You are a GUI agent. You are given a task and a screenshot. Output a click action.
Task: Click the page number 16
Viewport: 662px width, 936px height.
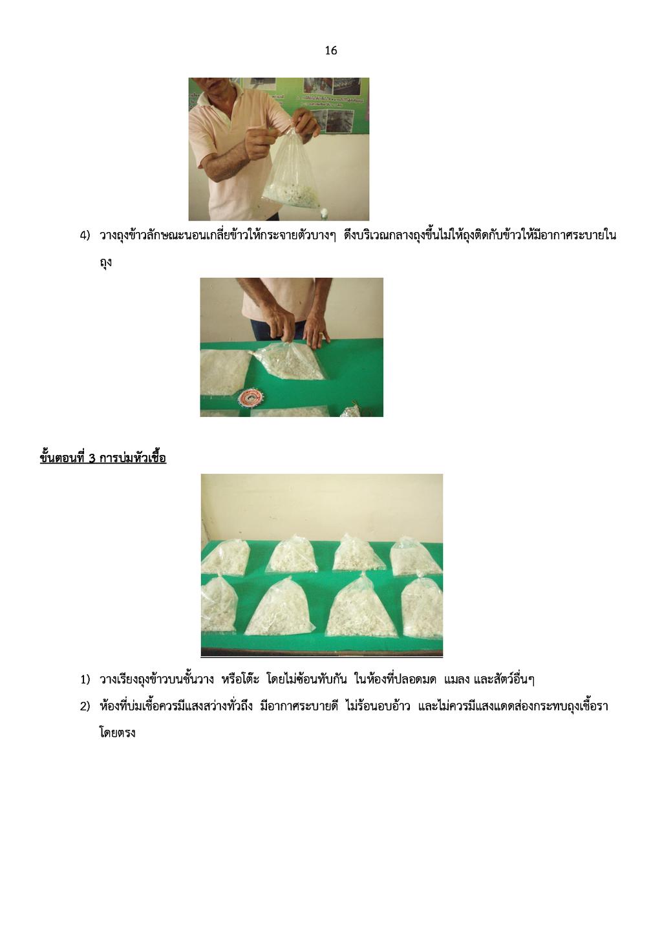330,50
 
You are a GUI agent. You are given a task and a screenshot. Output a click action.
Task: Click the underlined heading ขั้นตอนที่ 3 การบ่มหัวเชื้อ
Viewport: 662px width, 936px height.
103,458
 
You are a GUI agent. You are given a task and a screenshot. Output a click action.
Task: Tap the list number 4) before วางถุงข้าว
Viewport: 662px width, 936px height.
85,235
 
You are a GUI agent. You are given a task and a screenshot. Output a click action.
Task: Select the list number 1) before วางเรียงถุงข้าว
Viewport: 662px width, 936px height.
85,679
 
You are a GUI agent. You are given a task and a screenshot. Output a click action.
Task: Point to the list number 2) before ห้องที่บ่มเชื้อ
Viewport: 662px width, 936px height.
85,706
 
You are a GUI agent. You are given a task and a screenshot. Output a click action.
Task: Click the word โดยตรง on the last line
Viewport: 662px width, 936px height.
118,733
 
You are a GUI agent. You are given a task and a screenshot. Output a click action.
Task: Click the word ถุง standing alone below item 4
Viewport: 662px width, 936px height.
106,263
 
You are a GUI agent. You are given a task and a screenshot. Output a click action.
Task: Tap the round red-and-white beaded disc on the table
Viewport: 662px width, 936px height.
249,397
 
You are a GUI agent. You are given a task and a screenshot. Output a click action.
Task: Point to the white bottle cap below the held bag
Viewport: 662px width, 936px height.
324,215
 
